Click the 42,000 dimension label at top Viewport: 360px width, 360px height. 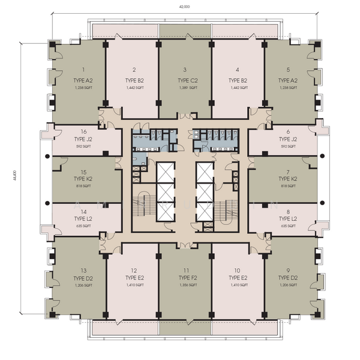(184, 7)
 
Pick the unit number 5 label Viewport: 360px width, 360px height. (288, 70)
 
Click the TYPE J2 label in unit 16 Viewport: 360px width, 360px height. (83, 139)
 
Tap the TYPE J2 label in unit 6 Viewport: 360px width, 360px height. (288, 139)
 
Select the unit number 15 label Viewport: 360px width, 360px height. (83, 171)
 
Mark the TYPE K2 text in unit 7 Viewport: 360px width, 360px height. (288, 179)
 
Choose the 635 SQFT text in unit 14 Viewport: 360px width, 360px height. (83, 226)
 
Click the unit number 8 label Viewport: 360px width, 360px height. (288, 211)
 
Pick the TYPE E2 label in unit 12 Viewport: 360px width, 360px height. (134, 279)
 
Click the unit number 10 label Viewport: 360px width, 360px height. (238, 271)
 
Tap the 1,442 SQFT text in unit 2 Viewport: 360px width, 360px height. (134, 88)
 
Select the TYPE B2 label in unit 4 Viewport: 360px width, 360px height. (238, 80)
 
